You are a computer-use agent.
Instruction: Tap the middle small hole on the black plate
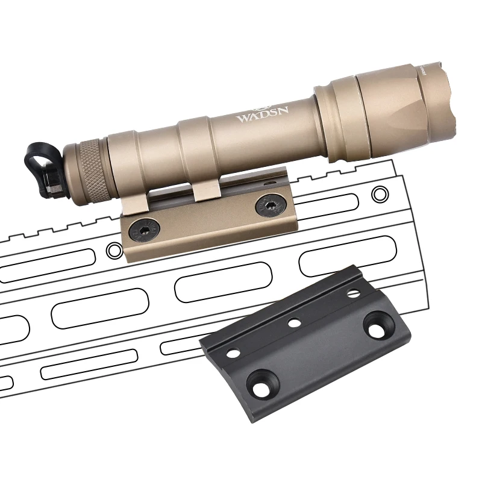(294, 323)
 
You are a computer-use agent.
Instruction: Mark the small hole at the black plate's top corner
(354, 294)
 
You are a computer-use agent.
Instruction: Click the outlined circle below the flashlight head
(380, 194)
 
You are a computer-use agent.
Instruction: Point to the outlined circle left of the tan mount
(112, 249)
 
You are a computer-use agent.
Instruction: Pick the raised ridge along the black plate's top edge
(283, 307)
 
